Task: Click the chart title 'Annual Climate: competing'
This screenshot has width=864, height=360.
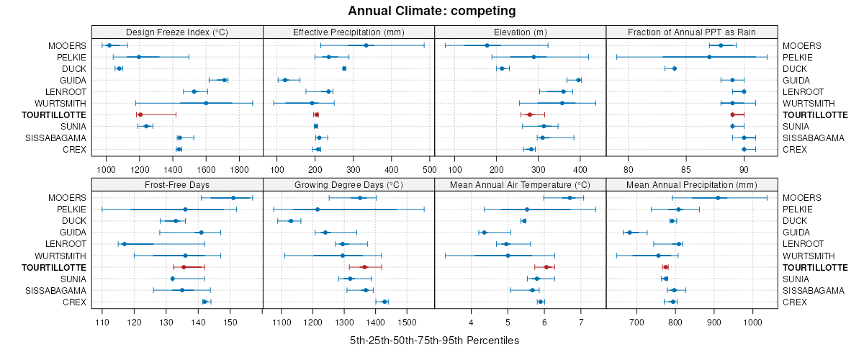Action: click(x=432, y=11)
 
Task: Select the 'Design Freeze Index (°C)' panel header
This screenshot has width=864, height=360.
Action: click(x=177, y=32)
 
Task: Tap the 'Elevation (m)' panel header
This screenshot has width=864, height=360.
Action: click(x=521, y=32)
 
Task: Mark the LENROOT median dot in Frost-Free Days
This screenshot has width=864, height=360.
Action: click(x=125, y=244)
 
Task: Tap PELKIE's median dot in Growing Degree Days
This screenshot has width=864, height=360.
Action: click(x=318, y=210)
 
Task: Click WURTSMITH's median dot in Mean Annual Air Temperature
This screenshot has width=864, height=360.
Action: click(x=508, y=256)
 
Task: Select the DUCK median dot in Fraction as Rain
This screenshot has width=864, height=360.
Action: click(x=675, y=68)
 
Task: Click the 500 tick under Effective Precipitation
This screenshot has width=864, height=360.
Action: click(x=428, y=169)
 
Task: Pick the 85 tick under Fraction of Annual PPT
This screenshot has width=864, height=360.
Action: click(x=685, y=169)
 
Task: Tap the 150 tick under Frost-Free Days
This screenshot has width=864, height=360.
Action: click(x=230, y=321)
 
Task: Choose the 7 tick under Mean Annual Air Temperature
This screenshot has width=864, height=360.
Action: click(x=580, y=321)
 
